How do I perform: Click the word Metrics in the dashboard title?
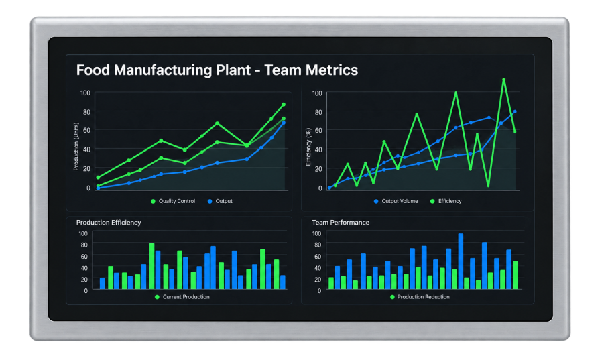click(x=332, y=70)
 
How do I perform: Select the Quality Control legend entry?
click(x=173, y=201)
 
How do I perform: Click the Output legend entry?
click(x=221, y=201)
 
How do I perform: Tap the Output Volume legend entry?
click(x=396, y=201)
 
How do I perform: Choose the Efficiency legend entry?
click(x=446, y=201)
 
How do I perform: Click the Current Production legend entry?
click(x=182, y=297)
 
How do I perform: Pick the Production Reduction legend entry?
click(x=420, y=297)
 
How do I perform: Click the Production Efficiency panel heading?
click(x=109, y=223)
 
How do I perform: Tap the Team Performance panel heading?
click(x=341, y=223)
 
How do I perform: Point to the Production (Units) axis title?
click(x=76, y=147)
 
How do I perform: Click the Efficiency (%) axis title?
click(x=308, y=147)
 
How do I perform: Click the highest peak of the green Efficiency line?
click(x=503, y=80)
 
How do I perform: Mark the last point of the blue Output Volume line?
click(x=515, y=112)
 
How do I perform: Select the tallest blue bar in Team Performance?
click(x=461, y=261)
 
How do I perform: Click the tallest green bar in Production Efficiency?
click(x=152, y=266)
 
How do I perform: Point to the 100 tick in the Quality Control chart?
click(x=85, y=93)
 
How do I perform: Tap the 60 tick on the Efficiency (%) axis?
click(x=318, y=130)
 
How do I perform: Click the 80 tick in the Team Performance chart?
click(x=318, y=245)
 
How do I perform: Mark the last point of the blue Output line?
click(x=284, y=123)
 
